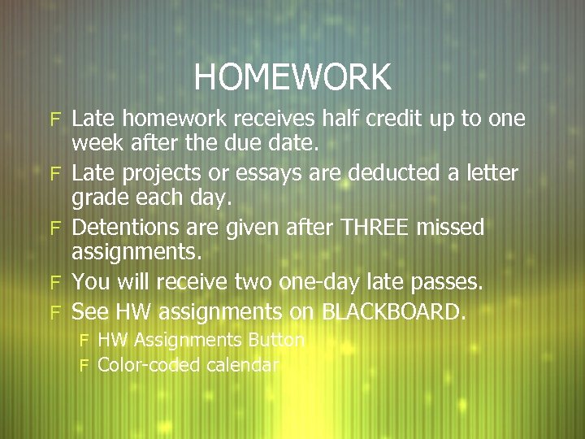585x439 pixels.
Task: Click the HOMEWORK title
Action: (x=292, y=77)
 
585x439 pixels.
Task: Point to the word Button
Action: (x=276, y=340)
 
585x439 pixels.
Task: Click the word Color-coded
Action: (x=149, y=365)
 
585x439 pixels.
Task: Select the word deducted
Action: (x=389, y=173)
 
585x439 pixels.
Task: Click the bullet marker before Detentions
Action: (x=56, y=228)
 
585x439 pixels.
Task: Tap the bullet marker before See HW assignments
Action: (x=56, y=311)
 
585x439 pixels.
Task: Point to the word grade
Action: (x=97, y=200)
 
